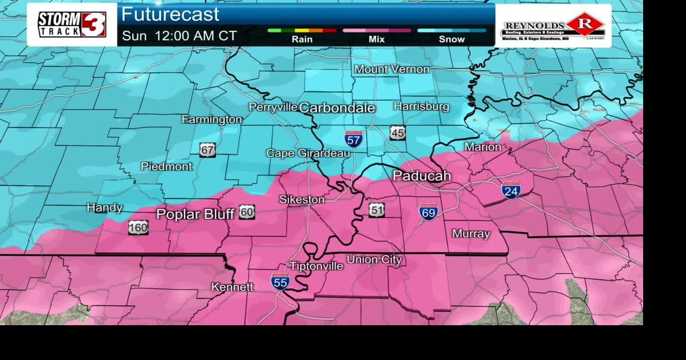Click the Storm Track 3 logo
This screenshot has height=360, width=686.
(x=72, y=24)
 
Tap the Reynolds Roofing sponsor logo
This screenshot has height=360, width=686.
(x=553, y=26)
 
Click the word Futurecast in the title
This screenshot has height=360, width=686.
(x=170, y=14)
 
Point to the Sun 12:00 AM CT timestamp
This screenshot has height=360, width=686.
(x=180, y=36)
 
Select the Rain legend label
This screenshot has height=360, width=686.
(x=302, y=39)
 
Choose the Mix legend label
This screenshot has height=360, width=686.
(x=376, y=39)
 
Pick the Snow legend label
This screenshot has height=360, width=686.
(x=452, y=39)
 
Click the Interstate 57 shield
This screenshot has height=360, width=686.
(x=353, y=138)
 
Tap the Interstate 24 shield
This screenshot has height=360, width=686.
(x=511, y=190)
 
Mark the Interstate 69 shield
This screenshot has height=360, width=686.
(x=428, y=212)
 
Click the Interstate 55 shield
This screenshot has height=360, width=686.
(x=280, y=281)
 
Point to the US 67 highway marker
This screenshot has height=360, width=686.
(x=207, y=150)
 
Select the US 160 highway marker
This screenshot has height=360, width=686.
(x=138, y=227)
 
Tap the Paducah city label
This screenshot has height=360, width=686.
(x=422, y=176)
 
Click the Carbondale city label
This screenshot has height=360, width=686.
(x=337, y=108)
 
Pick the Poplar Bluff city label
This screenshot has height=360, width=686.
(x=195, y=214)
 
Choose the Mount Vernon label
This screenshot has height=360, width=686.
(x=392, y=69)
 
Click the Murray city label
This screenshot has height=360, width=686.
(x=471, y=234)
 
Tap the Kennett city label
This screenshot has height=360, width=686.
(x=232, y=287)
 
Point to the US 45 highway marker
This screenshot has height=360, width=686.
(x=398, y=133)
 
